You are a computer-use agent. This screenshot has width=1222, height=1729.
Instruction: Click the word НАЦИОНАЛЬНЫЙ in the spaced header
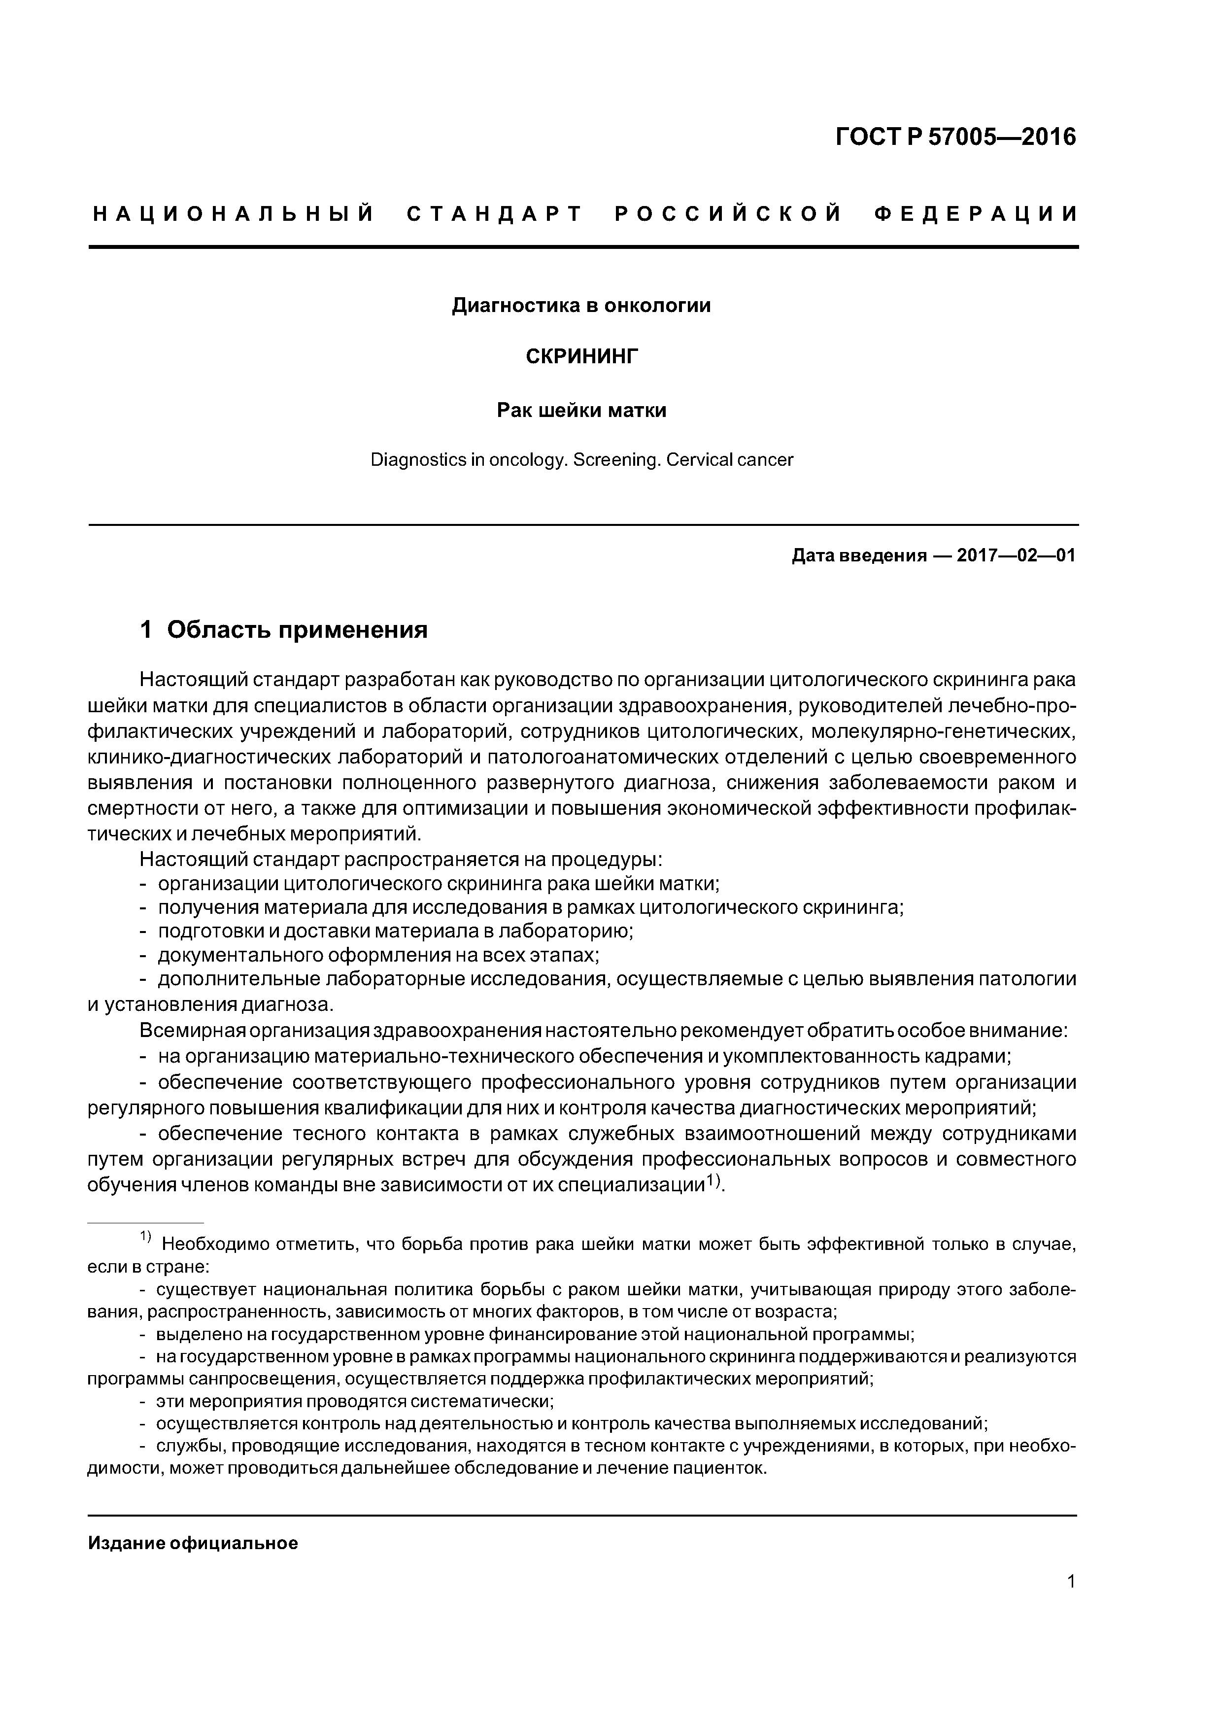(x=234, y=214)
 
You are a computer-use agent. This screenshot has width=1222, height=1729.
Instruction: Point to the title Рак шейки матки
(x=581, y=411)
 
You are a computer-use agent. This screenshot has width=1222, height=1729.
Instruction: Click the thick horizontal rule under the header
(x=583, y=247)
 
